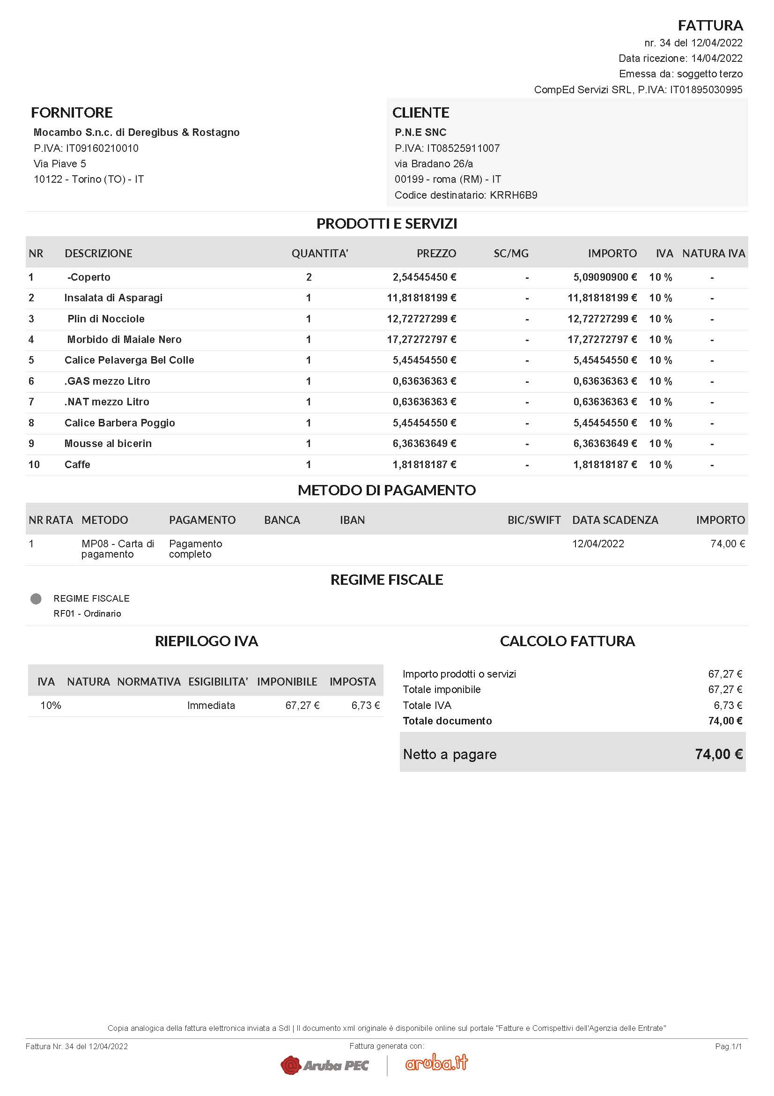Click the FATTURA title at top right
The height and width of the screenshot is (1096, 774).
click(x=710, y=25)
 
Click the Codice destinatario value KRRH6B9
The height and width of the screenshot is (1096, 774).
click(x=513, y=195)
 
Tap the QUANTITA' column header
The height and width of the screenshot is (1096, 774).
click(x=319, y=253)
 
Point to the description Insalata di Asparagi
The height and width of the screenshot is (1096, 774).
click(x=113, y=298)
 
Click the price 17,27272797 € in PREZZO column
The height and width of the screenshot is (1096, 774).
click(x=421, y=339)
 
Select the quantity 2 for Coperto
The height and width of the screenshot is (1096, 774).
click(x=309, y=277)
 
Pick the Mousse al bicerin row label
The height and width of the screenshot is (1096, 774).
click(x=108, y=443)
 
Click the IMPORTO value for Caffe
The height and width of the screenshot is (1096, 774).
click(x=604, y=464)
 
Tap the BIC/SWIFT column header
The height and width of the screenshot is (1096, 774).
click(x=534, y=520)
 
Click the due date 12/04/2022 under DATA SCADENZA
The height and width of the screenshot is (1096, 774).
click(x=598, y=544)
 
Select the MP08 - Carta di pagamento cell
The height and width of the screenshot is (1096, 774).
click(x=118, y=549)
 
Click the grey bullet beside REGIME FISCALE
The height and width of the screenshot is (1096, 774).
click(x=36, y=598)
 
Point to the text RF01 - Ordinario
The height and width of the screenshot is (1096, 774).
click(x=87, y=613)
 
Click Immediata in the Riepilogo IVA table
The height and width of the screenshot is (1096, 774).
click(x=211, y=706)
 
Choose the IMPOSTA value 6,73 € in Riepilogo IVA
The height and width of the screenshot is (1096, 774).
click(x=365, y=706)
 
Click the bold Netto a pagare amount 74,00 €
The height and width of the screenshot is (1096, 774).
click(x=718, y=754)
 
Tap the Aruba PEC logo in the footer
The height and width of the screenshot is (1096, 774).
click(x=324, y=1065)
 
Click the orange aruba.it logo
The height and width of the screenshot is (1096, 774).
click(x=436, y=1063)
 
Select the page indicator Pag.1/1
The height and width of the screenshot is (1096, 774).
click(x=728, y=1046)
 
